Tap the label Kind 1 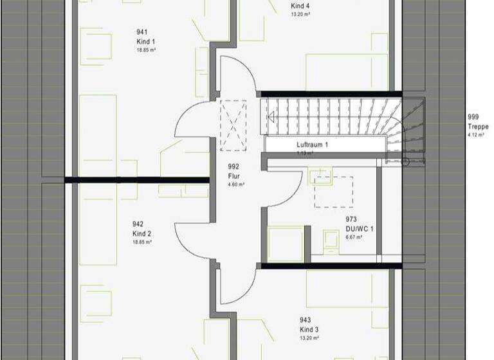click(x=142, y=40)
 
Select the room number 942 click(x=139, y=224)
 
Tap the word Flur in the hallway click(x=233, y=174)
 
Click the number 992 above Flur click(x=233, y=166)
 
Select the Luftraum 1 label click(x=313, y=145)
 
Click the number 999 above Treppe click(x=474, y=118)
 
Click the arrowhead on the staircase click(x=272, y=117)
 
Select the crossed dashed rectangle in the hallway click(x=233, y=125)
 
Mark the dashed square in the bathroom click(x=333, y=192)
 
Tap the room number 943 click(x=306, y=320)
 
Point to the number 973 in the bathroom click(x=351, y=219)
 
